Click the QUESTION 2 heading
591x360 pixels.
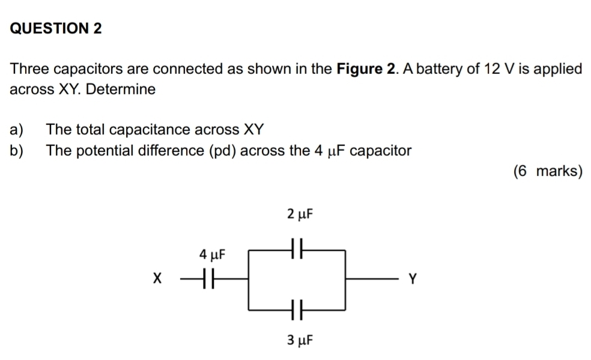[x=56, y=28]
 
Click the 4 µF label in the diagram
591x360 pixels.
[x=212, y=255]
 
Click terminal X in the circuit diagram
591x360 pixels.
[x=157, y=279]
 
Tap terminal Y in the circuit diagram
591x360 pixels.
[x=413, y=279]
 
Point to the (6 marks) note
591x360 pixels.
[x=548, y=171]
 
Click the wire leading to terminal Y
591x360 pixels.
[x=372, y=279]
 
